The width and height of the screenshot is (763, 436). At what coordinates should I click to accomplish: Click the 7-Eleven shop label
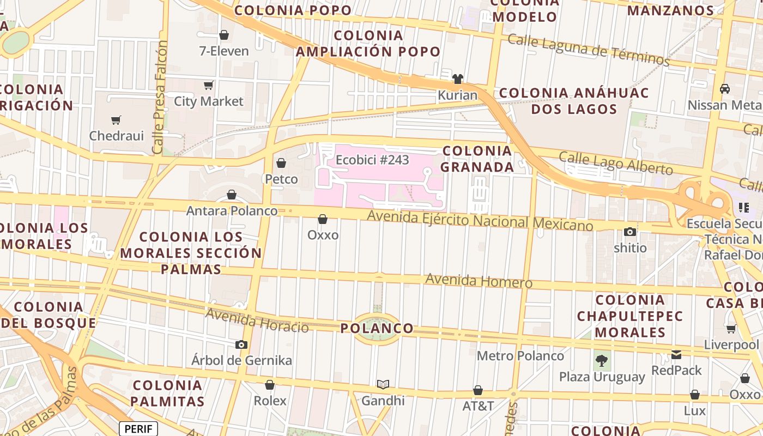click(x=224, y=51)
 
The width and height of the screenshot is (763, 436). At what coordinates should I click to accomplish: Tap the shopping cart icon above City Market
click(x=208, y=85)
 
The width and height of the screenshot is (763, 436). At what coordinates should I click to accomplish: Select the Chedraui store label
click(x=116, y=136)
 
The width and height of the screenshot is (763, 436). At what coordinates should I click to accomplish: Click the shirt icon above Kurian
click(x=458, y=79)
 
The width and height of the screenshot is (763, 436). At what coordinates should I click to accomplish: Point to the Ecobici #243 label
click(x=372, y=160)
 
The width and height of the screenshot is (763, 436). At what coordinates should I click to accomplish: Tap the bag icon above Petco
click(x=281, y=163)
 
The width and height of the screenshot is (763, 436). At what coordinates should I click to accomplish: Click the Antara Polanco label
click(x=232, y=210)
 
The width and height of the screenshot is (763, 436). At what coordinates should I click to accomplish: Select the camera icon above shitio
click(x=630, y=232)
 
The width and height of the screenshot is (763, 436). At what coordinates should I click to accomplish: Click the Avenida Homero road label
click(x=479, y=281)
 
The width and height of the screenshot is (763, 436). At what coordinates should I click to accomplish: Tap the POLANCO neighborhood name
click(x=377, y=329)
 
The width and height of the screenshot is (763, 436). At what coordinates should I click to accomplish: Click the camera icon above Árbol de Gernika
click(x=241, y=344)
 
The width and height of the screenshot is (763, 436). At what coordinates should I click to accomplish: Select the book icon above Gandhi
click(x=383, y=385)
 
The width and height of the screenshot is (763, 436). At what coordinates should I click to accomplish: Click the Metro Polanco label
click(x=520, y=356)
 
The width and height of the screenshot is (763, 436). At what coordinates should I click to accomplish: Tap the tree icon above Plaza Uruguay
click(x=602, y=360)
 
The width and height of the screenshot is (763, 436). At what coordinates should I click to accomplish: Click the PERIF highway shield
click(x=138, y=429)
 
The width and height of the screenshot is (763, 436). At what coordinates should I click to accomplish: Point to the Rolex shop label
click(x=270, y=401)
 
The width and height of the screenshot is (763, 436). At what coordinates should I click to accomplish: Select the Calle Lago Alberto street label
click(x=616, y=163)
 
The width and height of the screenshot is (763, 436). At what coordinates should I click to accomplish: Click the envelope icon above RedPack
click(x=676, y=354)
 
